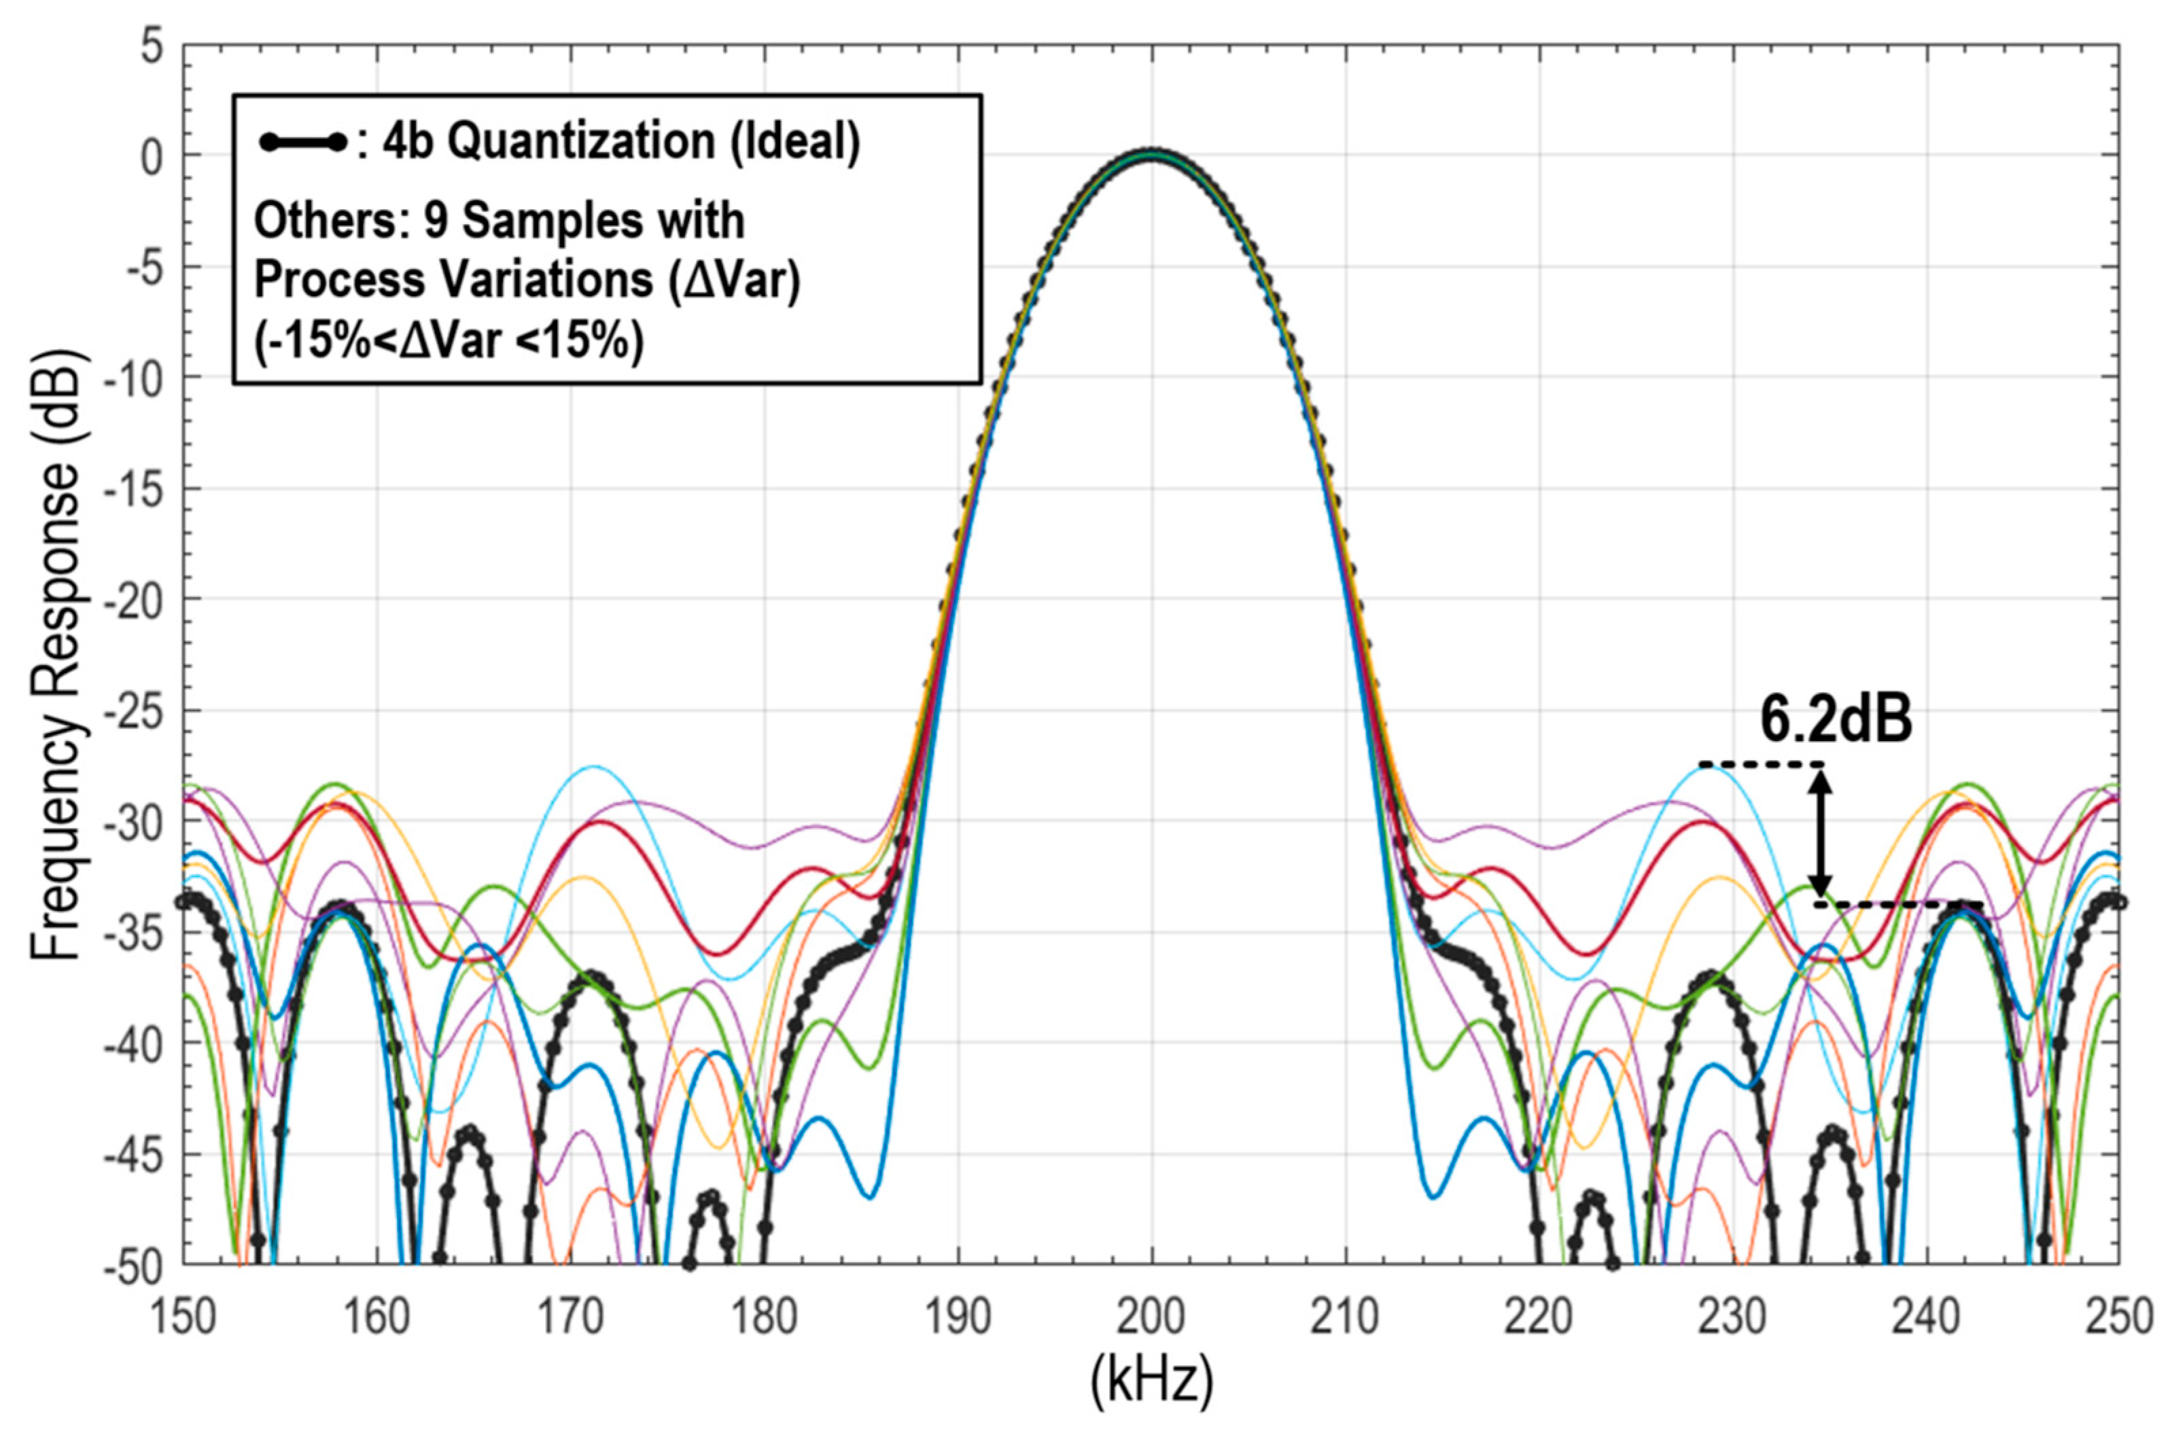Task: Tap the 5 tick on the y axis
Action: pos(151,46)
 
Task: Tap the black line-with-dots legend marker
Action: pos(303,143)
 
